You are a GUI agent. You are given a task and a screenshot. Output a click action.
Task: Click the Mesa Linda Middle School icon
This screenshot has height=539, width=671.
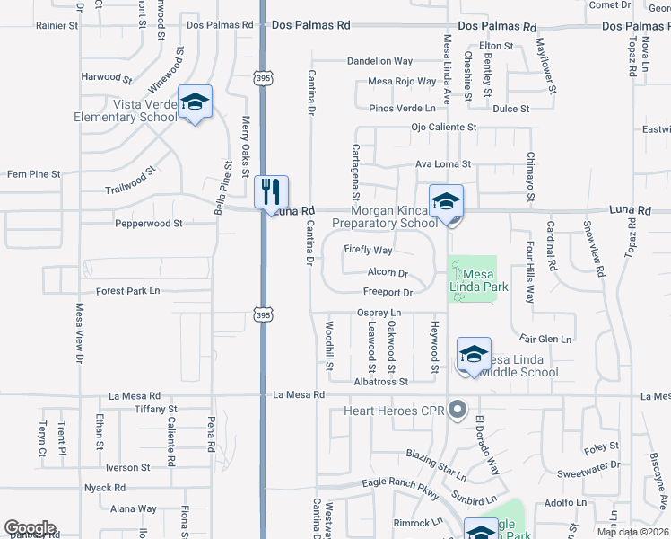point(474,355)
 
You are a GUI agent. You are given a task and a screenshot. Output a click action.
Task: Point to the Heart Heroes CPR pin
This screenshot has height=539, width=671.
point(457,411)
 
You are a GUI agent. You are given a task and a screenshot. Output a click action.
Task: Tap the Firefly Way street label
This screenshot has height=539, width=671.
point(368,251)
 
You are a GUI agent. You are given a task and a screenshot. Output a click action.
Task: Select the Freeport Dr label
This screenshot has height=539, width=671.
point(388,292)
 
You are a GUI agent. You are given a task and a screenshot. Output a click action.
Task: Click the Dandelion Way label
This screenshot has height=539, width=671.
point(380,61)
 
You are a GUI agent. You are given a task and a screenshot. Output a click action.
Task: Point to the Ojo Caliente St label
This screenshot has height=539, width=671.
point(442,128)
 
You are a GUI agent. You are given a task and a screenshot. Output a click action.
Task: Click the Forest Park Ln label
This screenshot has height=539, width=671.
point(127,290)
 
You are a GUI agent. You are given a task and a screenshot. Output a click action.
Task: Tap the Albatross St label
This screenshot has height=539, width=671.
point(380,381)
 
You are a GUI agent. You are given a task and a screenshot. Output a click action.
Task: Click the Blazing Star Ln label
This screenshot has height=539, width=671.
point(436,464)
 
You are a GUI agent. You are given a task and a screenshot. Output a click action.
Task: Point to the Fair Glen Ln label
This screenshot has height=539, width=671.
point(545,340)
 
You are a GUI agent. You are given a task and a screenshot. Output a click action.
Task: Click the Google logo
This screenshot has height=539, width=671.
point(30,528)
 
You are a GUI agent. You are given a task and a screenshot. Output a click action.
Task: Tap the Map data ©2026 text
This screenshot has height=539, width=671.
point(632,532)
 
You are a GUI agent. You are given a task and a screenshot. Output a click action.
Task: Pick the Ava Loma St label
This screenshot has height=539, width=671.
point(442,164)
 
